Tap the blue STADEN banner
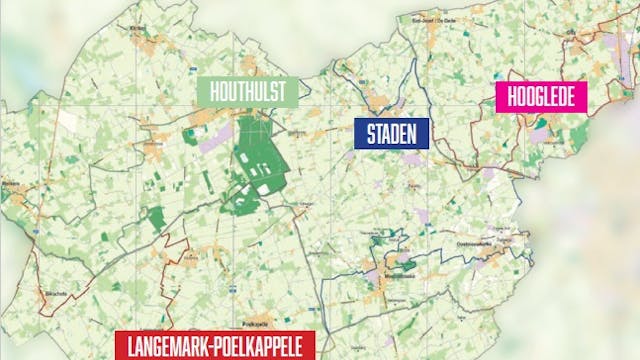pos(392,132)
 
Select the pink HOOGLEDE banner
pos(542,98)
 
